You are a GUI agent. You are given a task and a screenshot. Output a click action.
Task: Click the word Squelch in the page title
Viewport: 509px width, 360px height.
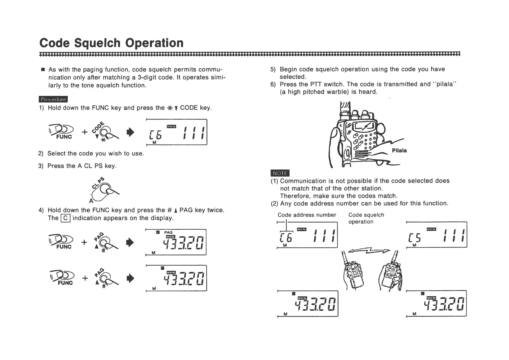tap(97, 43)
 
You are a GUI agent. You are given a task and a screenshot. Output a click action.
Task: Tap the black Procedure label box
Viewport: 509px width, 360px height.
tap(53, 99)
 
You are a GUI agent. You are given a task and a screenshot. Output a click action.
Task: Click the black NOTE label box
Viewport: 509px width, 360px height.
tap(280, 173)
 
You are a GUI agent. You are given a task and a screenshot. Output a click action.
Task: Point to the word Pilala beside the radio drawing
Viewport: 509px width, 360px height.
tap(399, 151)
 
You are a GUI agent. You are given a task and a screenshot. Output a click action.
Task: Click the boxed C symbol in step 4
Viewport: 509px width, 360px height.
tap(66, 218)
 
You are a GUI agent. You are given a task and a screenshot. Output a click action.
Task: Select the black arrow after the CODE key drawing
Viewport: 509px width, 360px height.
tap(130, 132)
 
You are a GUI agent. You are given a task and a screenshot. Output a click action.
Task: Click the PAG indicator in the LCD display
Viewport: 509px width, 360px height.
tap(168, 232)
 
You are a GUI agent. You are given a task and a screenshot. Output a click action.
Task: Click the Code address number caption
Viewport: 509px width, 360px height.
tap(307, 215)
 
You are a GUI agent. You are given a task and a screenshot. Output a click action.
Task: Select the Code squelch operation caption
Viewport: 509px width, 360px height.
tap(366, 218)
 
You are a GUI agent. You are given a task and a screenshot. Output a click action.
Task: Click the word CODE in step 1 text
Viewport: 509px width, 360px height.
tap(189, 108)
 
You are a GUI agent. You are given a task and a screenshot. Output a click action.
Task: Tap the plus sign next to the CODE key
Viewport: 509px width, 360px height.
tap(85, 132)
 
